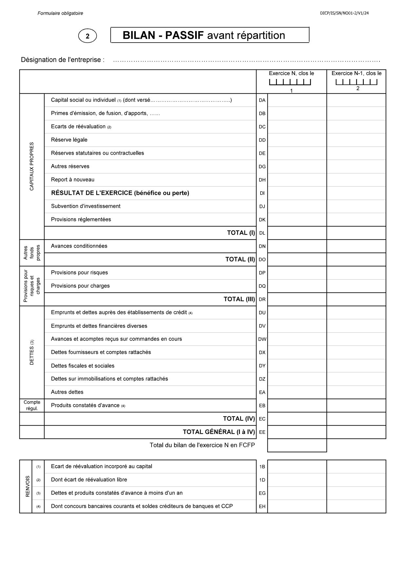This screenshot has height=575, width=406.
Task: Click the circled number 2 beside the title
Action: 87,36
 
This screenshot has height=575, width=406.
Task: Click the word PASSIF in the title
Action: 184,35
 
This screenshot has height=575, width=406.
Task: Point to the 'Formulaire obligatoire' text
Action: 60,13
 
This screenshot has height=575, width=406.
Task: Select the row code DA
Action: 262,100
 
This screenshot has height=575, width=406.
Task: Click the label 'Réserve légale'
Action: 69,140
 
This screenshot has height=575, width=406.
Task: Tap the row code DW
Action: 262,339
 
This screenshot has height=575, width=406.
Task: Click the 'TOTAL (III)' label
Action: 239,299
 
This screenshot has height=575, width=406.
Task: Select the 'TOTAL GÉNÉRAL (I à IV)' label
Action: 219,432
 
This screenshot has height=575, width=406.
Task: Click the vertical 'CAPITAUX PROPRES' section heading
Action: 32,166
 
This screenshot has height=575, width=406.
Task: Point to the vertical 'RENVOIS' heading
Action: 28,486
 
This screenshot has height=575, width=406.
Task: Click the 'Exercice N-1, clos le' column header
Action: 356,73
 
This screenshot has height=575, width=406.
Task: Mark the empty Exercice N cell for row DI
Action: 297,193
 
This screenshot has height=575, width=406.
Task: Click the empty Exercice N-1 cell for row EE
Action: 356,432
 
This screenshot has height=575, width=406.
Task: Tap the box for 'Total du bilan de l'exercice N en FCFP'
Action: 297,446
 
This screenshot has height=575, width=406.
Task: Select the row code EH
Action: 262,506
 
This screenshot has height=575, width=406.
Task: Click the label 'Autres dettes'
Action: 67,392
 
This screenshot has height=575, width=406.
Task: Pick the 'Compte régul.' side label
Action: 32,406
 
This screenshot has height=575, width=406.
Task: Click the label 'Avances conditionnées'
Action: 79,246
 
